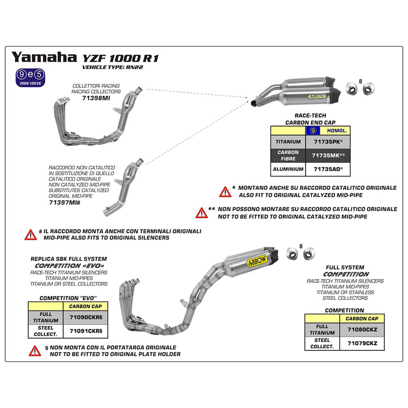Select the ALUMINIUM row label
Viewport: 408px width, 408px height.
[x=288, y=169]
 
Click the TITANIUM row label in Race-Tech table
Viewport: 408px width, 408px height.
[x=288, y=142]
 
